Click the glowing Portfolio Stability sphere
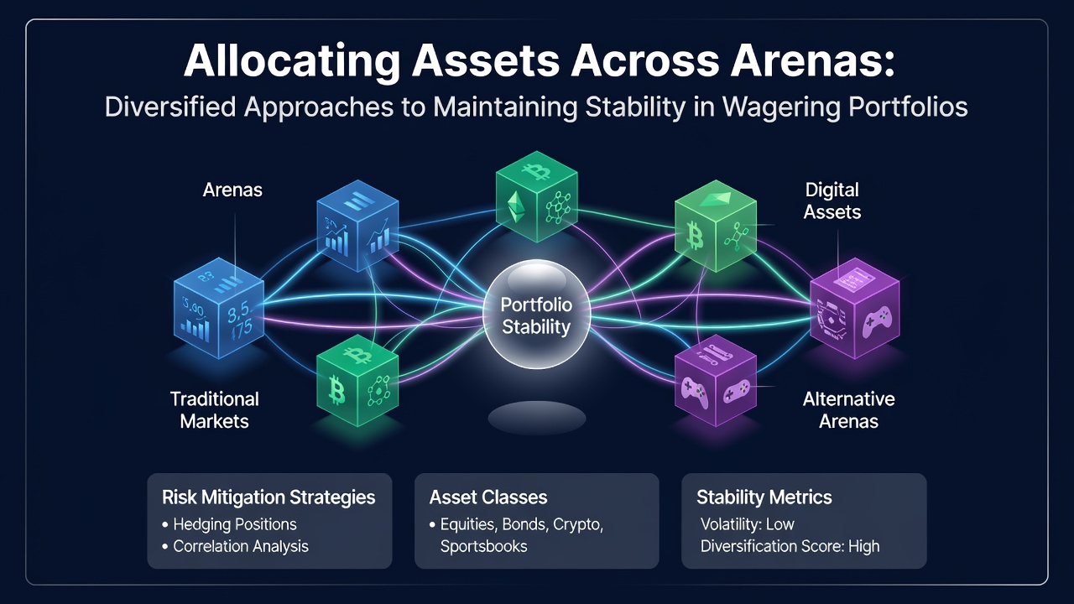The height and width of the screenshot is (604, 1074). [x=536, y=314]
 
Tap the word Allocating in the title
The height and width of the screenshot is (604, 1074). [x=291, y=62]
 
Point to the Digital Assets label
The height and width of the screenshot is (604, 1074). [x=832, y=200]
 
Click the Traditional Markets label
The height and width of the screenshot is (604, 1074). [x=214, y=410]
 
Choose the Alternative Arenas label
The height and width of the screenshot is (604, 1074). [x=848, y=410]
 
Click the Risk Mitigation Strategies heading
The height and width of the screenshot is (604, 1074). [x=268, y=497]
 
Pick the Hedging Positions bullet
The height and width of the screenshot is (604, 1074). [x=230, y=524]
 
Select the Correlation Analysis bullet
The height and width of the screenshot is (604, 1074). [x=236, y=546]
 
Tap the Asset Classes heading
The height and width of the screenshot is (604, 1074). [x=488, y=497]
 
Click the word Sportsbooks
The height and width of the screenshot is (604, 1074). [x=484, y=546]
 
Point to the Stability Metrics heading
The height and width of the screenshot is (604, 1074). [x=764, y=497]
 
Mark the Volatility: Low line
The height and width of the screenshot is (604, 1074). [x=748, y=524]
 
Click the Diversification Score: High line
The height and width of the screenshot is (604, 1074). [x=790, y=546]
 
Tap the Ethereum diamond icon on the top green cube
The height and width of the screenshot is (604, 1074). [x=516, y=207]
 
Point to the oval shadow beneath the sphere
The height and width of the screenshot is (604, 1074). [x=537, y=418]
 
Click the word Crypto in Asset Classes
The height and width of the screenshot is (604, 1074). [x=578, y=525]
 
